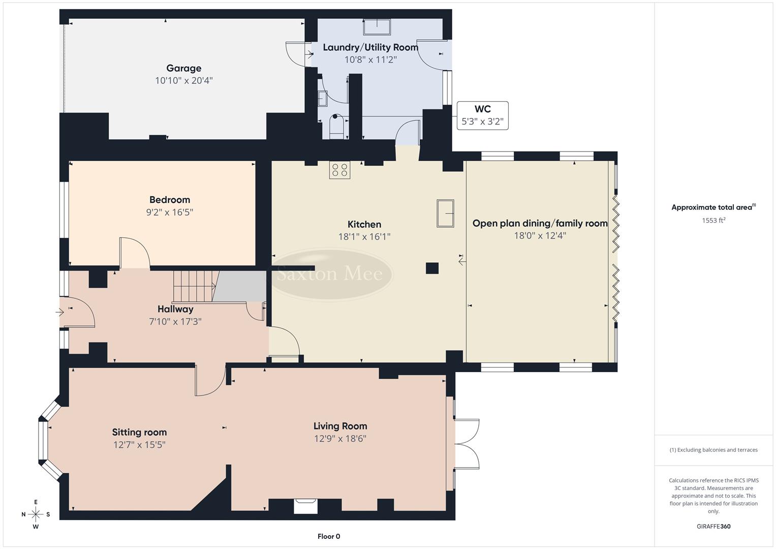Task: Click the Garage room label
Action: click(183, 68)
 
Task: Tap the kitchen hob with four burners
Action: click(339, 170)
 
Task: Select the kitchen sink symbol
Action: click(445, 213)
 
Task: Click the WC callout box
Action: click(482, 115)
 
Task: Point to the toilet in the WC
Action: click(336, 126)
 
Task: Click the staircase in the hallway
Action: click(193, 286)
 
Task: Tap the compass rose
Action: click(36, 514)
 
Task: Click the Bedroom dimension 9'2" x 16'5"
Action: click(170, 212)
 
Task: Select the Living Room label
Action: click(340, 426)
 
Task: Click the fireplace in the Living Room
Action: click(305, 506)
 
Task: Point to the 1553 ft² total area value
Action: click(713, 220)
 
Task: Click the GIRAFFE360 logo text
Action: click(713, 526)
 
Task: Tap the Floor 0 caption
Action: click(328, 536)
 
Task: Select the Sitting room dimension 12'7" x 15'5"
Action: click(139, 445)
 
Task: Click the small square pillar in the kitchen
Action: click(432, 268)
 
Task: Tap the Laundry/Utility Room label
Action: click(370, 47)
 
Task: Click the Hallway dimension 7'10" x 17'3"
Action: click(175, 321)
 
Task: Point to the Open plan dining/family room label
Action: click(540, 223)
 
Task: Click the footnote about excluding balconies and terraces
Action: click(713, 450)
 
